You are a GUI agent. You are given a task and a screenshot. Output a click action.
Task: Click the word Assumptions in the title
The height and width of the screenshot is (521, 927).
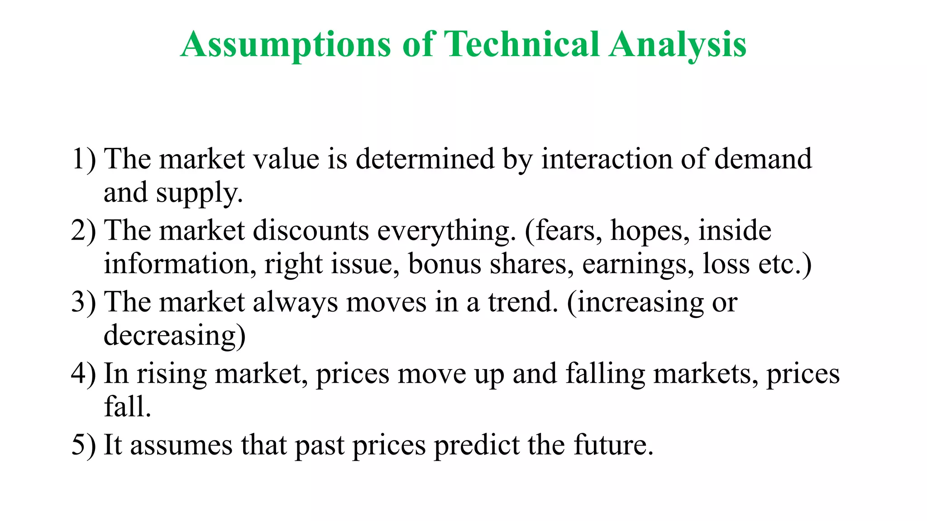(286, 45)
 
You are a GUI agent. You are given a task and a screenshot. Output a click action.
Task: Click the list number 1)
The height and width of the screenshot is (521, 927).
(84, 159)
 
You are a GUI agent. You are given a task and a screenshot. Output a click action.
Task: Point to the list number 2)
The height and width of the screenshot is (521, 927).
(84, 231)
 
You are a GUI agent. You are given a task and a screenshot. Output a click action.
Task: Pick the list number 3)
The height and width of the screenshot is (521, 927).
(84, 302)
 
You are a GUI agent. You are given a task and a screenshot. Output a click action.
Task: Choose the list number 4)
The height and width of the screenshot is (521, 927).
(84, 374)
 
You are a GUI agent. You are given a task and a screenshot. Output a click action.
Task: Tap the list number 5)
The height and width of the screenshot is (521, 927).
(84, 445)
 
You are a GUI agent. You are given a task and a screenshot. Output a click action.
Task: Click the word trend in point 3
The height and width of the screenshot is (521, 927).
(522, 302)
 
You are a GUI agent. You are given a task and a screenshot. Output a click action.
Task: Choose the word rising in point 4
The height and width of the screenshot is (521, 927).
(172, 374)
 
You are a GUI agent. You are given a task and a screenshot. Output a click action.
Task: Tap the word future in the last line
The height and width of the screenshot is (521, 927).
(613, 445)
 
